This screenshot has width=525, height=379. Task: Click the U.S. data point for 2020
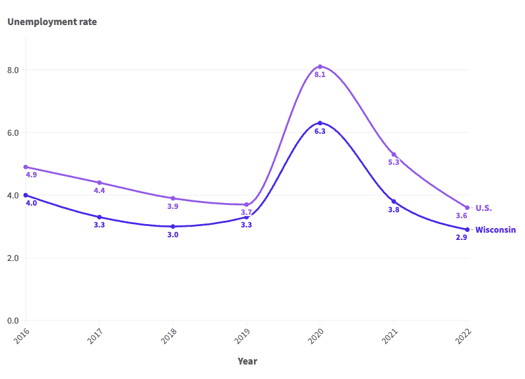(x=320, y=67)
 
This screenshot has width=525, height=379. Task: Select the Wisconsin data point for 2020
(x=320, y=123)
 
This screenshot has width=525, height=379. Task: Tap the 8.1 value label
(x=320, y=75)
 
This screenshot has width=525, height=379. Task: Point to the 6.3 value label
(x=320, y=132)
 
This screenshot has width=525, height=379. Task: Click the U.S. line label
(x=483, y=208)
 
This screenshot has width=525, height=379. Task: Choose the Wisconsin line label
(x=495, y=230)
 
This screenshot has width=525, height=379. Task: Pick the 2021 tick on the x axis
(x=392, y=335)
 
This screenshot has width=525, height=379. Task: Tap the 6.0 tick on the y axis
(x=13, y=132)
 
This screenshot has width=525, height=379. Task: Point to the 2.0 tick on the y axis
(x=13, y=258)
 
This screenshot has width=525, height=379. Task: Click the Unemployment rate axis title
(x=52, y=22)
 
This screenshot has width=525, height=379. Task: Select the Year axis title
(x=247, y=361)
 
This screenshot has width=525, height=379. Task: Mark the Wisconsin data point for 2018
(x=173, y=227)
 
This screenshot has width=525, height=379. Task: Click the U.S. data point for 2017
(x=100, y=183)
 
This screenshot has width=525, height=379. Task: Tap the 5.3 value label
(x=394, y=162)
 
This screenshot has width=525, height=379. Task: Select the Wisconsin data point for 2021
(x=394, y=202)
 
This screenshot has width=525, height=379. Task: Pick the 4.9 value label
(x=31, y=175)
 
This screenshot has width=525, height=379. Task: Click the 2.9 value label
(x=462, y=237)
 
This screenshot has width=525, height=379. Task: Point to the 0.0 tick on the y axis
(x=13, y=321)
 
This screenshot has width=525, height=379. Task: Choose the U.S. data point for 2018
(x=173, y=198)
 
